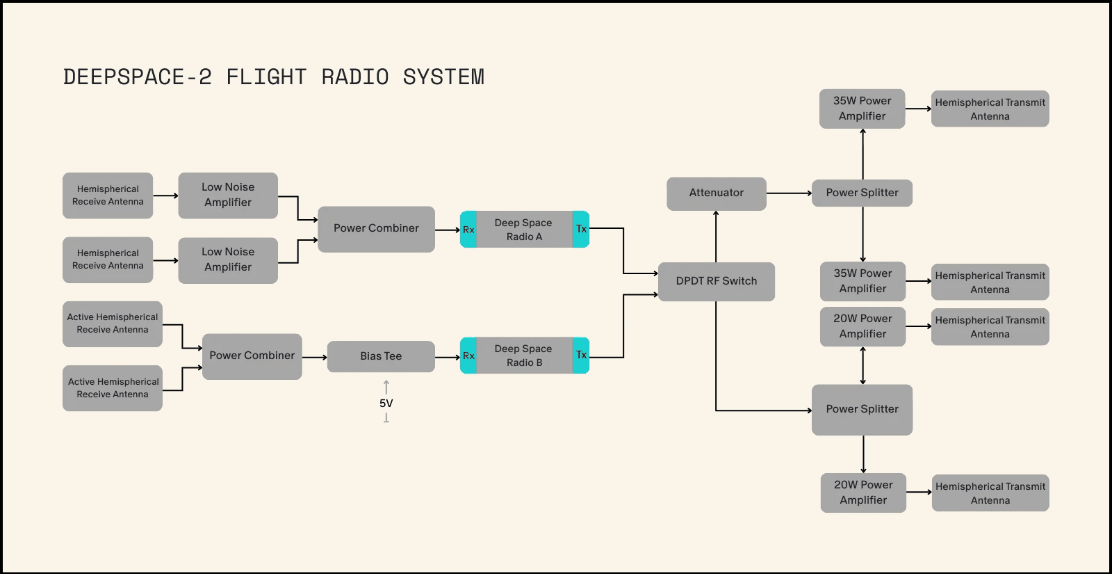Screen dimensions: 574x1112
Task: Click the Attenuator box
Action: tap(716, 193)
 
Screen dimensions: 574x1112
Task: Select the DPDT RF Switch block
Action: tap(716, 281)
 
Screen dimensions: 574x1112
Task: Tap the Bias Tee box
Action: tap(381, 356)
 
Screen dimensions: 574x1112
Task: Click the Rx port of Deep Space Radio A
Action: tap(468, 230)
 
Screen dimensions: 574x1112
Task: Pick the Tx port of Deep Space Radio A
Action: tap(581, 229)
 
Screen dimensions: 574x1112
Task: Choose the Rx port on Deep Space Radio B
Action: tap(468, 356)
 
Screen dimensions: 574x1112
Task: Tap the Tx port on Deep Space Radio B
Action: tap(581, 355)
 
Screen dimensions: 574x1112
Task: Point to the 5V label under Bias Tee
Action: tap(386, 404)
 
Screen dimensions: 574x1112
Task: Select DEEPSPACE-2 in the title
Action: tap(137, 77)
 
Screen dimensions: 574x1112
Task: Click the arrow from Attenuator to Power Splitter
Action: tap(789, 193)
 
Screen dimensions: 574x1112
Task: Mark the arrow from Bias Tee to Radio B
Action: tap(448, 357)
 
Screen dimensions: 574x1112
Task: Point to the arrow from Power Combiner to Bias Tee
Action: tap(314, 357)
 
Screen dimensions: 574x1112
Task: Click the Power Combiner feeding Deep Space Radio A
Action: tap(376, 229)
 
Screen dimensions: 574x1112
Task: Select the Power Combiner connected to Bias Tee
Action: tap(252, 356)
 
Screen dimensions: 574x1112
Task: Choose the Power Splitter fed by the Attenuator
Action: tap(862, 193)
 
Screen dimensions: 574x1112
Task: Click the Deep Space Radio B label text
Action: tap(523, 356)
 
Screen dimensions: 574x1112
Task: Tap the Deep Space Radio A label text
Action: tap(523, 230)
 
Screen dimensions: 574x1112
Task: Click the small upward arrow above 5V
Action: tap(386, 386)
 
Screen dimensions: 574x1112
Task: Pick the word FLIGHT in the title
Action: tap(266, 77)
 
